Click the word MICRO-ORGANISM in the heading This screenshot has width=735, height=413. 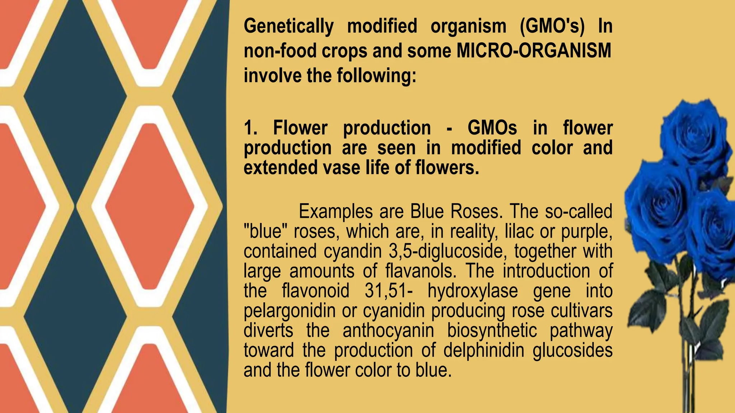coord(534,51)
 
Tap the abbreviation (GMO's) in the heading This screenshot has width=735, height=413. coord(552,26)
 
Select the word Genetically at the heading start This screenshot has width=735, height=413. coord(289,26)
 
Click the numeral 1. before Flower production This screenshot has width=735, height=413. coord(251,128)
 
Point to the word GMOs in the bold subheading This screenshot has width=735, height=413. coord(492,128)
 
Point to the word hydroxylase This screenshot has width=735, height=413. coord(473,291)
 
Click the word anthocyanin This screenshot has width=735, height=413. coord(388,330)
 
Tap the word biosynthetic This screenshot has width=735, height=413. coord(492,330)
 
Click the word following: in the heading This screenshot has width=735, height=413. coord(376,76)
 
